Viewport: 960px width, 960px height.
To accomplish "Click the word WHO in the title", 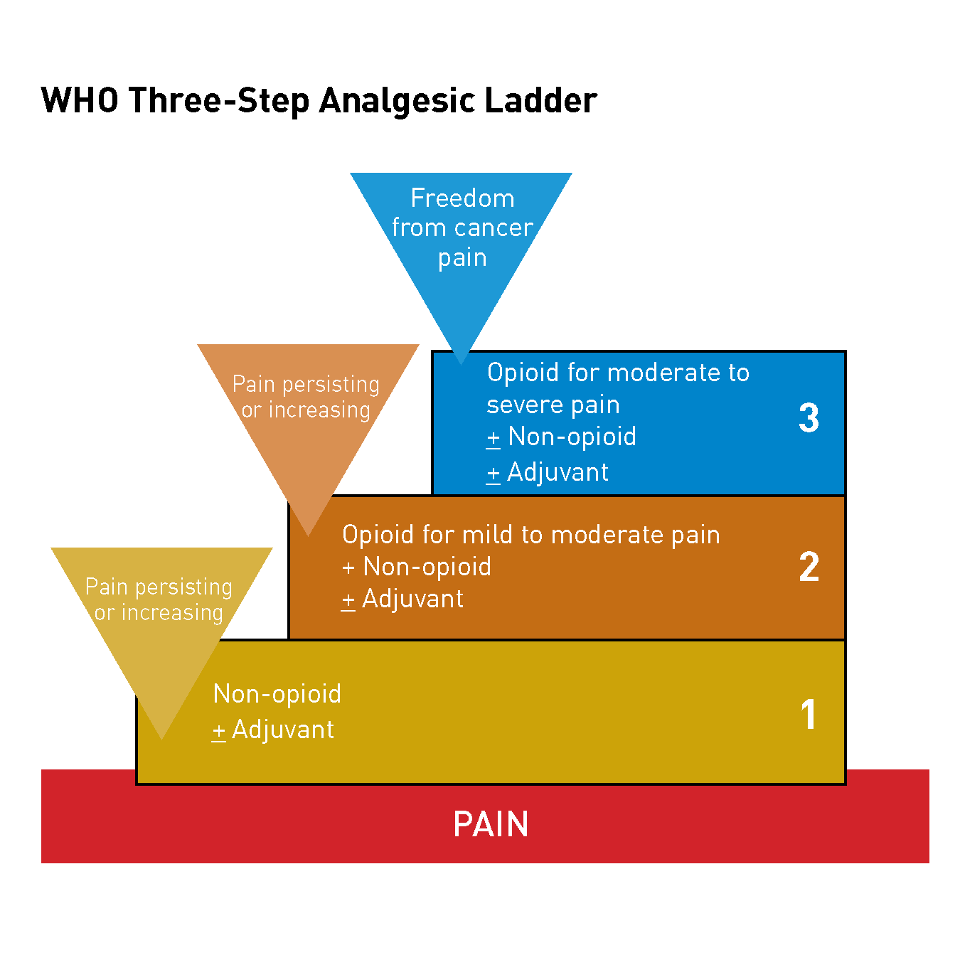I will (80, 100).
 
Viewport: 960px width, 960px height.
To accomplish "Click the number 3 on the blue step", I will (809, 418).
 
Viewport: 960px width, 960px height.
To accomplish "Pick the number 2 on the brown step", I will (809, 567).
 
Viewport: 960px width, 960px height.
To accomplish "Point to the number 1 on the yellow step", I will (809, 715).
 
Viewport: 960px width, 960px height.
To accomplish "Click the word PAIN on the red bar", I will (491, 824).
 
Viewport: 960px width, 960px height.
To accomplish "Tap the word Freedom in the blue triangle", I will (462, 198).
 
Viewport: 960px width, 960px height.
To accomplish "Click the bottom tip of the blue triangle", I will (461, 363).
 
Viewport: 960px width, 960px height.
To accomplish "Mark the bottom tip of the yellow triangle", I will (162, 737).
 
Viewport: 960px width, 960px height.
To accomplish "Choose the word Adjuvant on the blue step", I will (558, 473).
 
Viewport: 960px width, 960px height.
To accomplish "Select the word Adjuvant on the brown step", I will (413, 599).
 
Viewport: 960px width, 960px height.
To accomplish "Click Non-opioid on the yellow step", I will (277, 694).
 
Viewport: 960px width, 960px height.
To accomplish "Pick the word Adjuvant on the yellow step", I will (284, 730).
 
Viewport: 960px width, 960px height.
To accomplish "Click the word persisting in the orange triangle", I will (331, 385).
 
